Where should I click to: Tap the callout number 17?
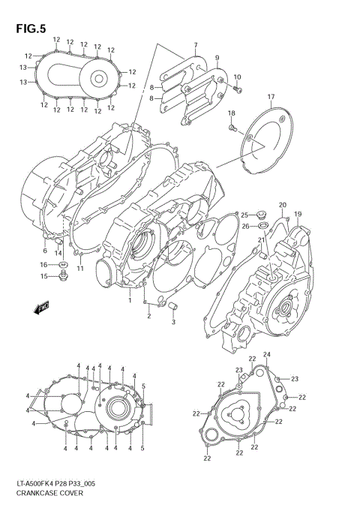coord(271,97)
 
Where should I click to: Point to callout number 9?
coord(217,58)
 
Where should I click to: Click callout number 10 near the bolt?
coord(237,77)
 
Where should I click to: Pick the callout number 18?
coord(232,113)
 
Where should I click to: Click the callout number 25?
coord(244,215)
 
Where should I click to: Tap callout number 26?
coord(244,226)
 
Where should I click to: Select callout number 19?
coord(297,215)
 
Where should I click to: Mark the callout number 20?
coord(283,206)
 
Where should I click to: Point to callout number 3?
coord(173,323)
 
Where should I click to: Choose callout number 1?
coord(129,300)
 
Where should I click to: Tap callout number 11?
coord(79,268)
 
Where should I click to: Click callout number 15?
coord(44,277)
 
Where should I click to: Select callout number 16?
coord(44,265)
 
